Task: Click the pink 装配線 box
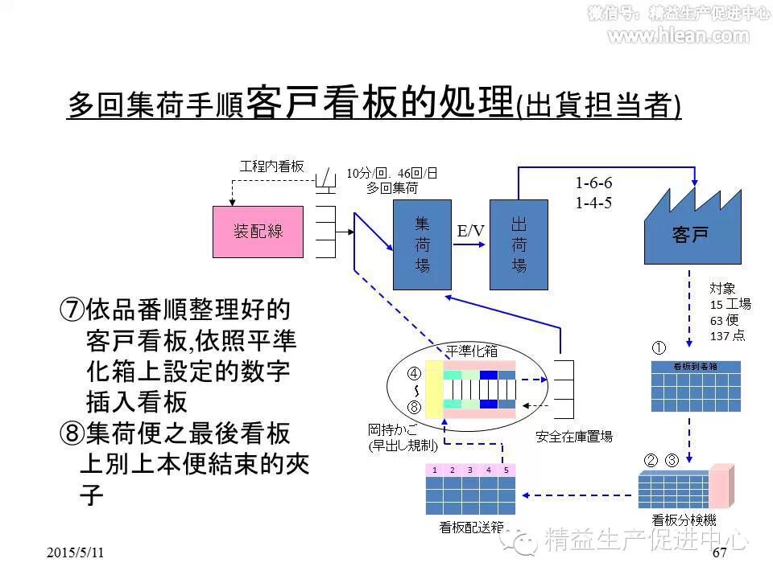tap(259, 231)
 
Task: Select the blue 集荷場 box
tap(422, 244)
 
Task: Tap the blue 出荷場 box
tap(519, 244)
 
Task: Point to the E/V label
tap(471, 232)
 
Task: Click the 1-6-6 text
tap(593, 184)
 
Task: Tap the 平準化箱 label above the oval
tap(472, 351)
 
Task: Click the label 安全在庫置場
tap(574, 437)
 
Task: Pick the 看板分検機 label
tap(683, 520)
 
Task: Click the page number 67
tap(720, 553)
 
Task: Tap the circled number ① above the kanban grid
tap(659, 349)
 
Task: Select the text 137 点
tap(727, 335)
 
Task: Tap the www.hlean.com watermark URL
tap(677, 35)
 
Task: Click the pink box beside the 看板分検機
tap(721, 485)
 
